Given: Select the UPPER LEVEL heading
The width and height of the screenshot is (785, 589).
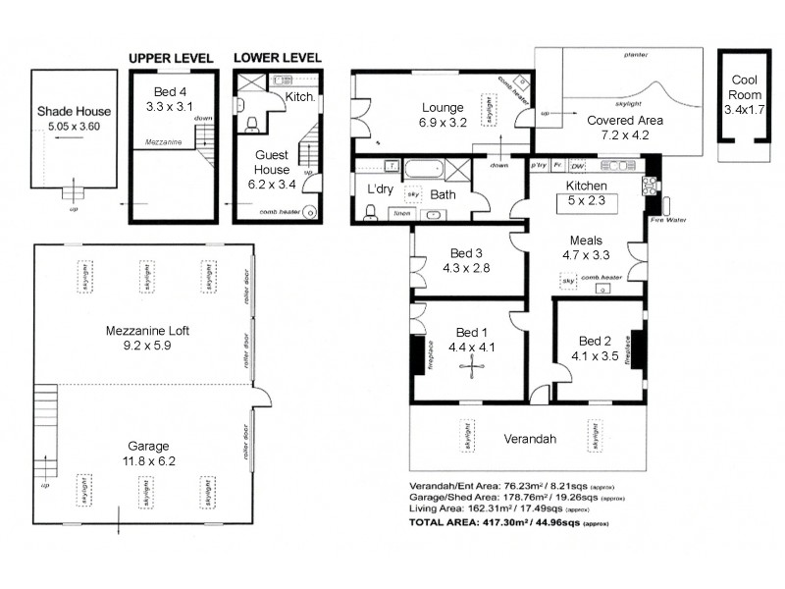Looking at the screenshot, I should coord(172,58).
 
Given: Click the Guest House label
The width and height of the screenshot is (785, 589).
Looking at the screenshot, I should coord(272,162).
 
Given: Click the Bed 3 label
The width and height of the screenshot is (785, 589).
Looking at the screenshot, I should coord(465,252).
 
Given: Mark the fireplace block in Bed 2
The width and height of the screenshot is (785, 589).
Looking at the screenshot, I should coord(639,348).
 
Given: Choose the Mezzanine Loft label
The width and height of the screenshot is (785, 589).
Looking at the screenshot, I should coord(147,331).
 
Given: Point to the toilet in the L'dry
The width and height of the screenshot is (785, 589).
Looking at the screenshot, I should coord(370,210).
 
